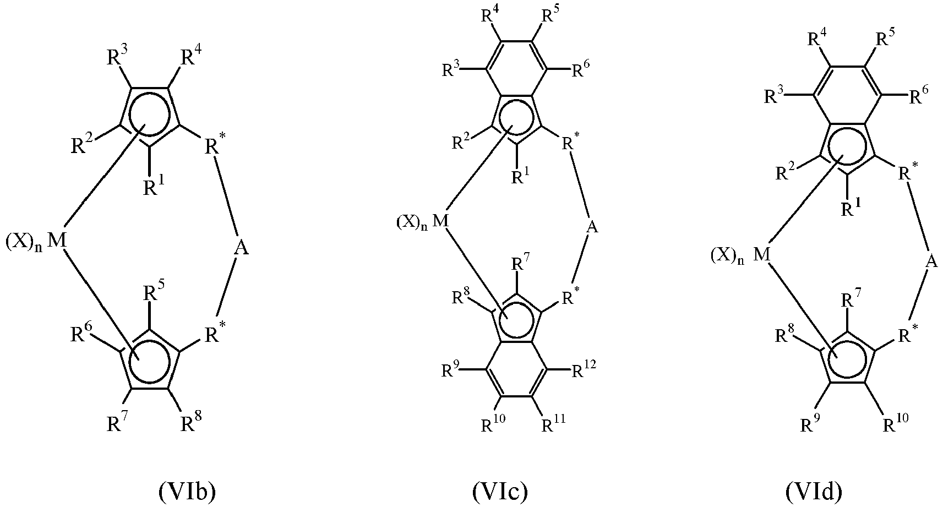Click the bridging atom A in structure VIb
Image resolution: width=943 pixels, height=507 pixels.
tap(241, 248)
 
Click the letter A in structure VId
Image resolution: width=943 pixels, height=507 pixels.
tap(931, 262)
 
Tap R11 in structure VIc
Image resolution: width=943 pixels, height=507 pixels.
tap(553, 423)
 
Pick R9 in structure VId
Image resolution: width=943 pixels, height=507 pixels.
tap(810, 424)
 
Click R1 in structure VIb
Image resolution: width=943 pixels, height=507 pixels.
tap(154, 186)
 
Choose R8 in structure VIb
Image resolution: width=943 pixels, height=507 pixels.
tap(192, 422)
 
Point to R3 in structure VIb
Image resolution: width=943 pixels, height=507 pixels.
tap(117, 56)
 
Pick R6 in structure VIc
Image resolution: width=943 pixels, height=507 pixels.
tap(581, 69)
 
